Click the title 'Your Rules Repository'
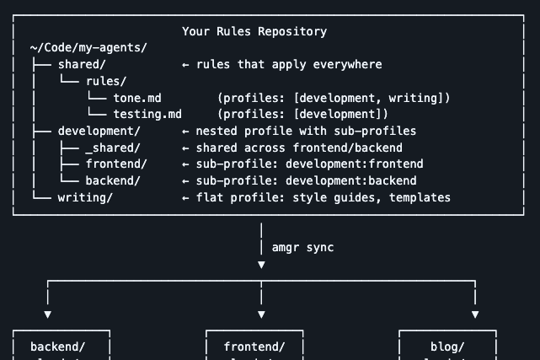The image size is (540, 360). [254, 31]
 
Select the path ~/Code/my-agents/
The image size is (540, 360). [88, 48]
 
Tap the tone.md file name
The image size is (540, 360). [137, 98]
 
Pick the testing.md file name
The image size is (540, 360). [147, 114]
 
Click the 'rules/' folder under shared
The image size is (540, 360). [106, 81]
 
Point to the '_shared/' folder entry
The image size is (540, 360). [116, 148]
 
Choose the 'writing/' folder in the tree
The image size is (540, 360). [85, 197]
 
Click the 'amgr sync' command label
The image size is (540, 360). [302, 247]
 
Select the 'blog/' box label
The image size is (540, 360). [447, 347]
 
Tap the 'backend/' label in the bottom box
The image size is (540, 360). [57, 347]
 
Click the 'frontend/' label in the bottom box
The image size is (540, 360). [254, 347]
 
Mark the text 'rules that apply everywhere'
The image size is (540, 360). [289, 64]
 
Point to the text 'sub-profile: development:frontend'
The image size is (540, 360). [309, 164]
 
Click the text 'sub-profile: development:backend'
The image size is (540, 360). [306, 180]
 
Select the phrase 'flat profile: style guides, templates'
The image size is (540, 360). [323, 197]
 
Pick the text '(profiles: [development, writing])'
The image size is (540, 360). [334, 98]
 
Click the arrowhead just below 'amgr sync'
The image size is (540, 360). [261, 265]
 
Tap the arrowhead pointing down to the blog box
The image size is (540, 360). [475, 314]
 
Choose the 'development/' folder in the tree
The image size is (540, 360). [99, 131]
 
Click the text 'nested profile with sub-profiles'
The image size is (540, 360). [306, 131]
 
